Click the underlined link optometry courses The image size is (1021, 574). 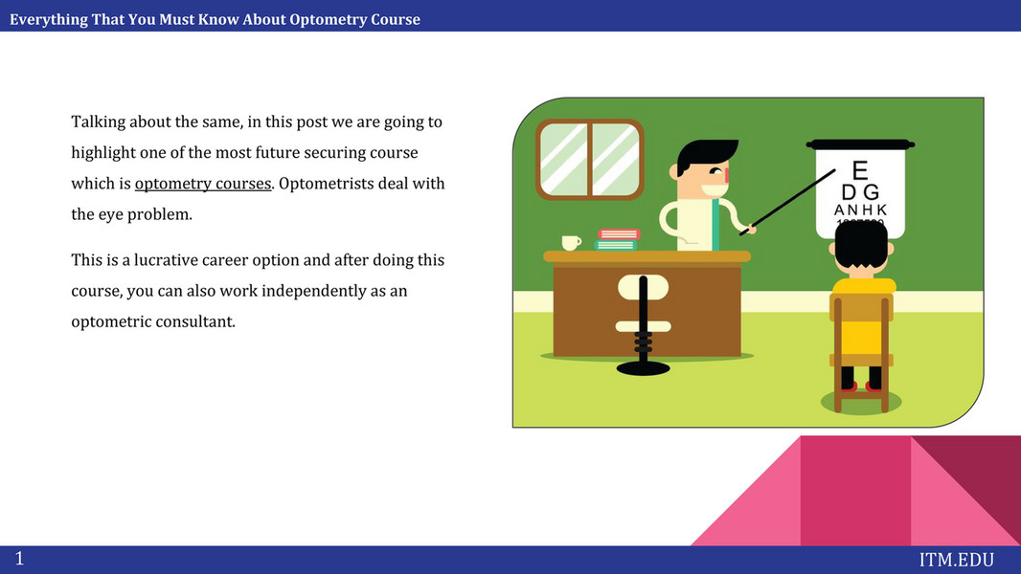[x=202, y=184]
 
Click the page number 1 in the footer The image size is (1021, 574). [x=19, y=559]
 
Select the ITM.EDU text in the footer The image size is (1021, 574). [x=957, y=560]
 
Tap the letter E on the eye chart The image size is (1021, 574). [x=860, y=170]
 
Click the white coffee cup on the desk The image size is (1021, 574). [x=571, y=242]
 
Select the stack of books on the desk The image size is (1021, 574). [x=616, y=239]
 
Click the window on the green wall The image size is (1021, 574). [x=590, y=159]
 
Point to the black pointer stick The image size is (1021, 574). [x=787, y=202]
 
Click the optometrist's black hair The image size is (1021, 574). [x=705, y=154]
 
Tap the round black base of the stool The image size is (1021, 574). [x=644, y=369]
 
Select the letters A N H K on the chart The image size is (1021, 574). [x=860, y=210]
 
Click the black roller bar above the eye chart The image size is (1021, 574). [x=860, y=143]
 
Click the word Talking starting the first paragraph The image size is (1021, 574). [x=98, y=122]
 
